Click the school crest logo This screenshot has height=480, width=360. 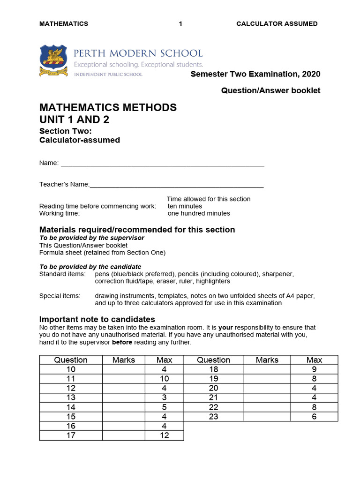54,60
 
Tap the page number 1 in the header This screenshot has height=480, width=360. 180,23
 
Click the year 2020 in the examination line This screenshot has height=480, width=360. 311,74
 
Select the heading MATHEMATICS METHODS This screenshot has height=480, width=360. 108,107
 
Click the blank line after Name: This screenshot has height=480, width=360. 162,164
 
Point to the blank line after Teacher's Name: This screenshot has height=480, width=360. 176,185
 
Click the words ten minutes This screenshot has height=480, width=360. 185,206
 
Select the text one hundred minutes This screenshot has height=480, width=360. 199,213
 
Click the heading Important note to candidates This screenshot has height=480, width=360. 97,319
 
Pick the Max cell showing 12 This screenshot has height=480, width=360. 164,435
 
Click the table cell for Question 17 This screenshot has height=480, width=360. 71,435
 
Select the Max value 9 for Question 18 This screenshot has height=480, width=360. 314,369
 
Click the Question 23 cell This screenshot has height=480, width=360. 213,416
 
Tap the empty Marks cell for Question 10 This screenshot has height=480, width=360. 124,369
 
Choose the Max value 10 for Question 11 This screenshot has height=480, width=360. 164,379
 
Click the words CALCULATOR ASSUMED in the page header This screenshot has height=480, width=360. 277,23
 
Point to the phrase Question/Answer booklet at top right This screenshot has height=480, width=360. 270,90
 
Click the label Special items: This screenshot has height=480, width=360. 60,296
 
